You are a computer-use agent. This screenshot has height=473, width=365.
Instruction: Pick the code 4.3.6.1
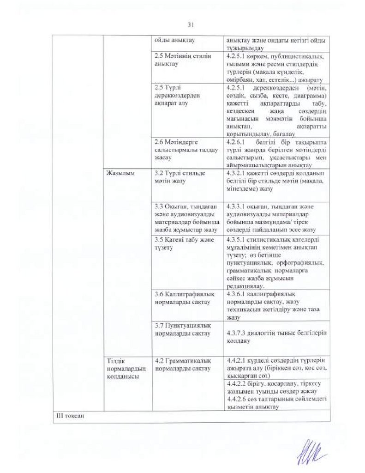(x=237, y=295)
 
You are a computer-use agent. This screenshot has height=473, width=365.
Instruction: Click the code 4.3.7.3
(x=237, y=334)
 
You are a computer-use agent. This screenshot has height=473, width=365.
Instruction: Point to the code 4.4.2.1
(x=237, y=360)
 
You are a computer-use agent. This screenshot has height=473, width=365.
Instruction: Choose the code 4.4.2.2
(x=237, y=385)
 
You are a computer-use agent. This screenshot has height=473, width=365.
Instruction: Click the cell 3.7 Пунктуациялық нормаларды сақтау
(x=183, y=330)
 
